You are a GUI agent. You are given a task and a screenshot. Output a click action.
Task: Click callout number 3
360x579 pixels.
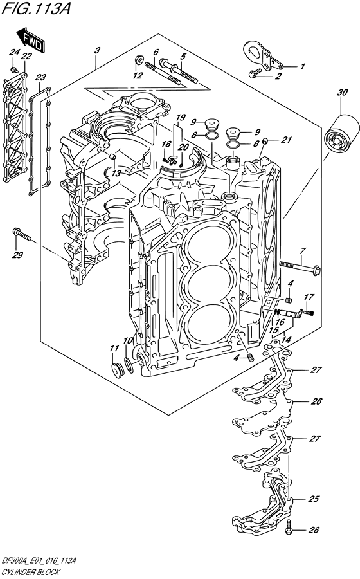(96, 50)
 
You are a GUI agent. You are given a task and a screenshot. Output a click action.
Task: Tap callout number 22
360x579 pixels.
(26, 57)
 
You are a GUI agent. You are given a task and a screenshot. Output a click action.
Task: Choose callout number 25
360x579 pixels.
(314, 499)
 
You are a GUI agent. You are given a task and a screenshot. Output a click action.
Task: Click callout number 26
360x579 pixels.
(315, 401)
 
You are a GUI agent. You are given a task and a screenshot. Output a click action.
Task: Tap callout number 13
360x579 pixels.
(115, 173)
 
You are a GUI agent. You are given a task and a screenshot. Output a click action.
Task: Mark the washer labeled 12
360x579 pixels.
(138, 62)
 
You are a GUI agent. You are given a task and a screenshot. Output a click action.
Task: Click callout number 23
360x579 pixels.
(41, 77)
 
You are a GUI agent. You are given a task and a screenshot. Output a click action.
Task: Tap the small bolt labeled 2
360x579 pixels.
(255, 74)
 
